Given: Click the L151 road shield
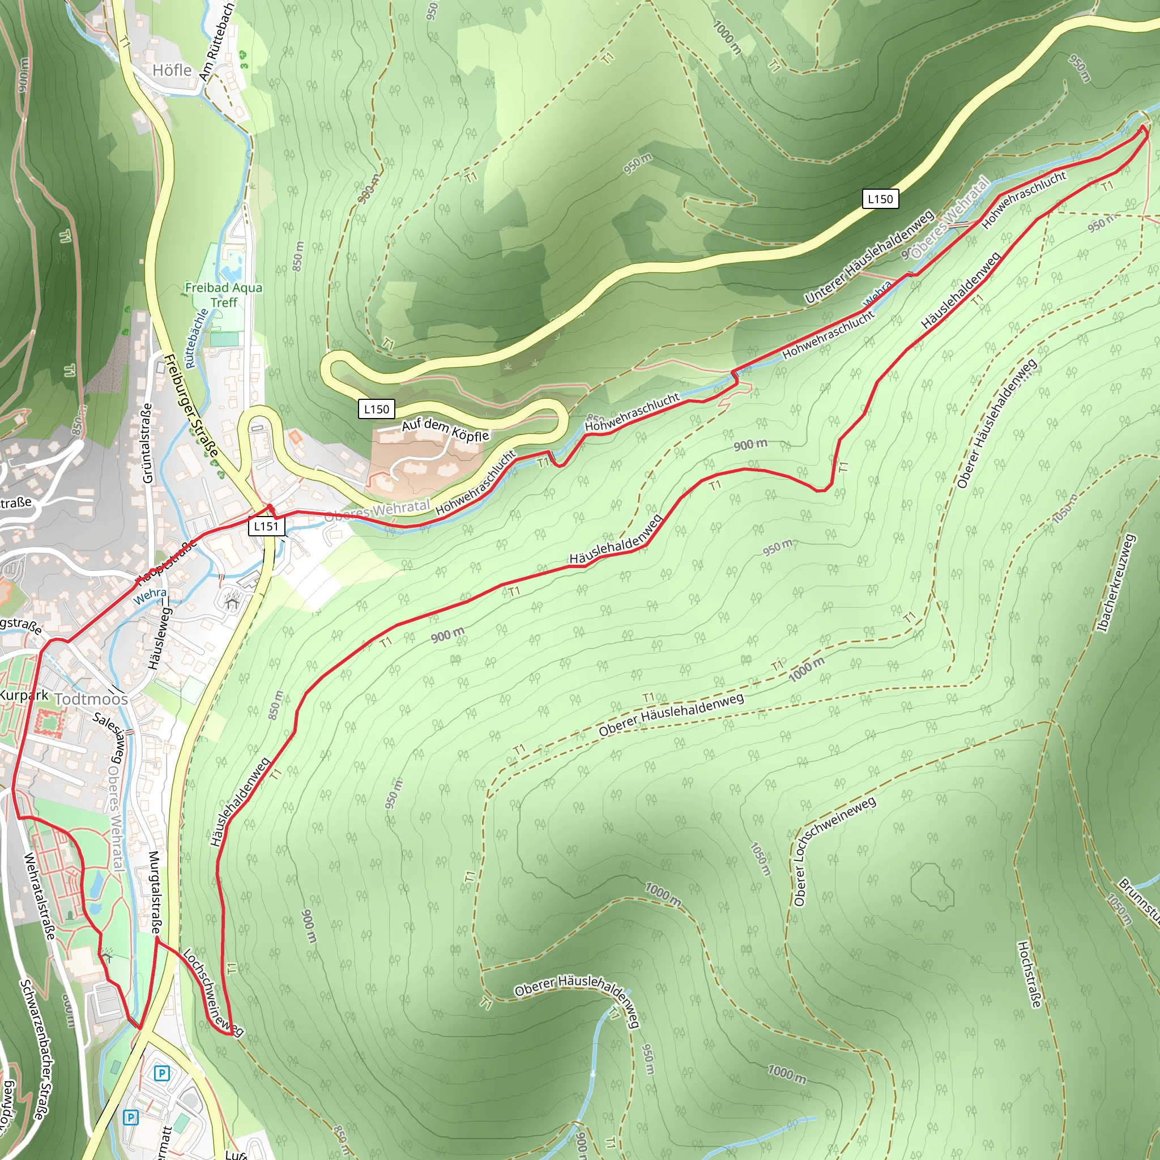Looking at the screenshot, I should (x=266, y=527).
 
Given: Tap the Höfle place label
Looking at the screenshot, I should (x=172, y=70).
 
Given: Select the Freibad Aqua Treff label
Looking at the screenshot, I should (x=223, y=295).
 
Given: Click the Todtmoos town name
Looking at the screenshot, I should (x=91, y=700).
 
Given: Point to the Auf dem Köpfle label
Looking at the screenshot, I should (x=446, y=429).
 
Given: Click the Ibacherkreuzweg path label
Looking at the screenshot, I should (x=1116, y=583).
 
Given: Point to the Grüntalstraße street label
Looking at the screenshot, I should (x=147, y=443).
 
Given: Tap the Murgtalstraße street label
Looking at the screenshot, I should (x=154, y=892).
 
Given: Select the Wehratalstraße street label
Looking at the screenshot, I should (x=40, y=897).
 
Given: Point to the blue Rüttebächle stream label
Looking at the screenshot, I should (x=196, y=339).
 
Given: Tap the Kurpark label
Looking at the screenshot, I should (x=24, y=696).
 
